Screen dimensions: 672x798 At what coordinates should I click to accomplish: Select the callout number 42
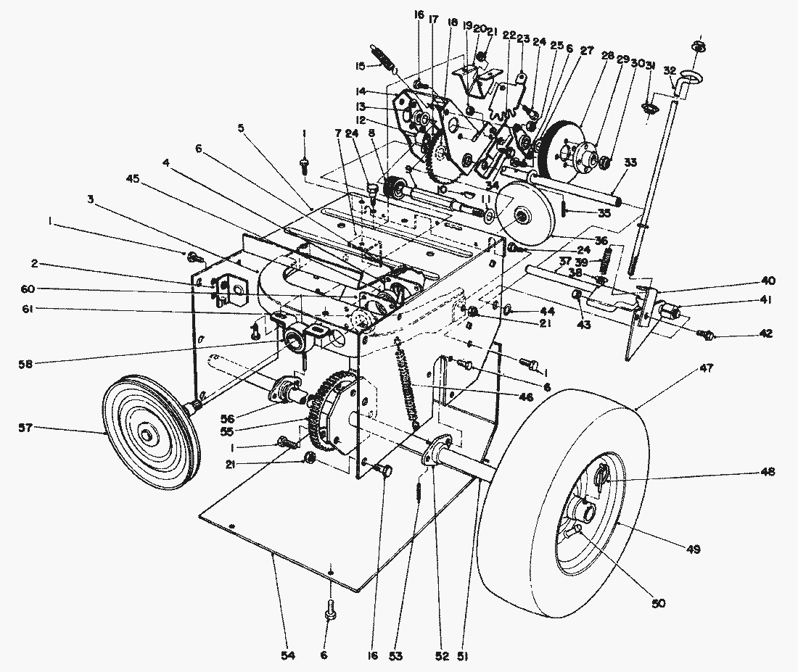pyautogui.click(x=765, y=334)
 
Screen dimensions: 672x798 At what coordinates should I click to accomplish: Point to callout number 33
pyautogui.click(x=630, y=163)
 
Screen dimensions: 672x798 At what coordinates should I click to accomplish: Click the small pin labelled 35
pyautogui.click(x=563, y=212)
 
